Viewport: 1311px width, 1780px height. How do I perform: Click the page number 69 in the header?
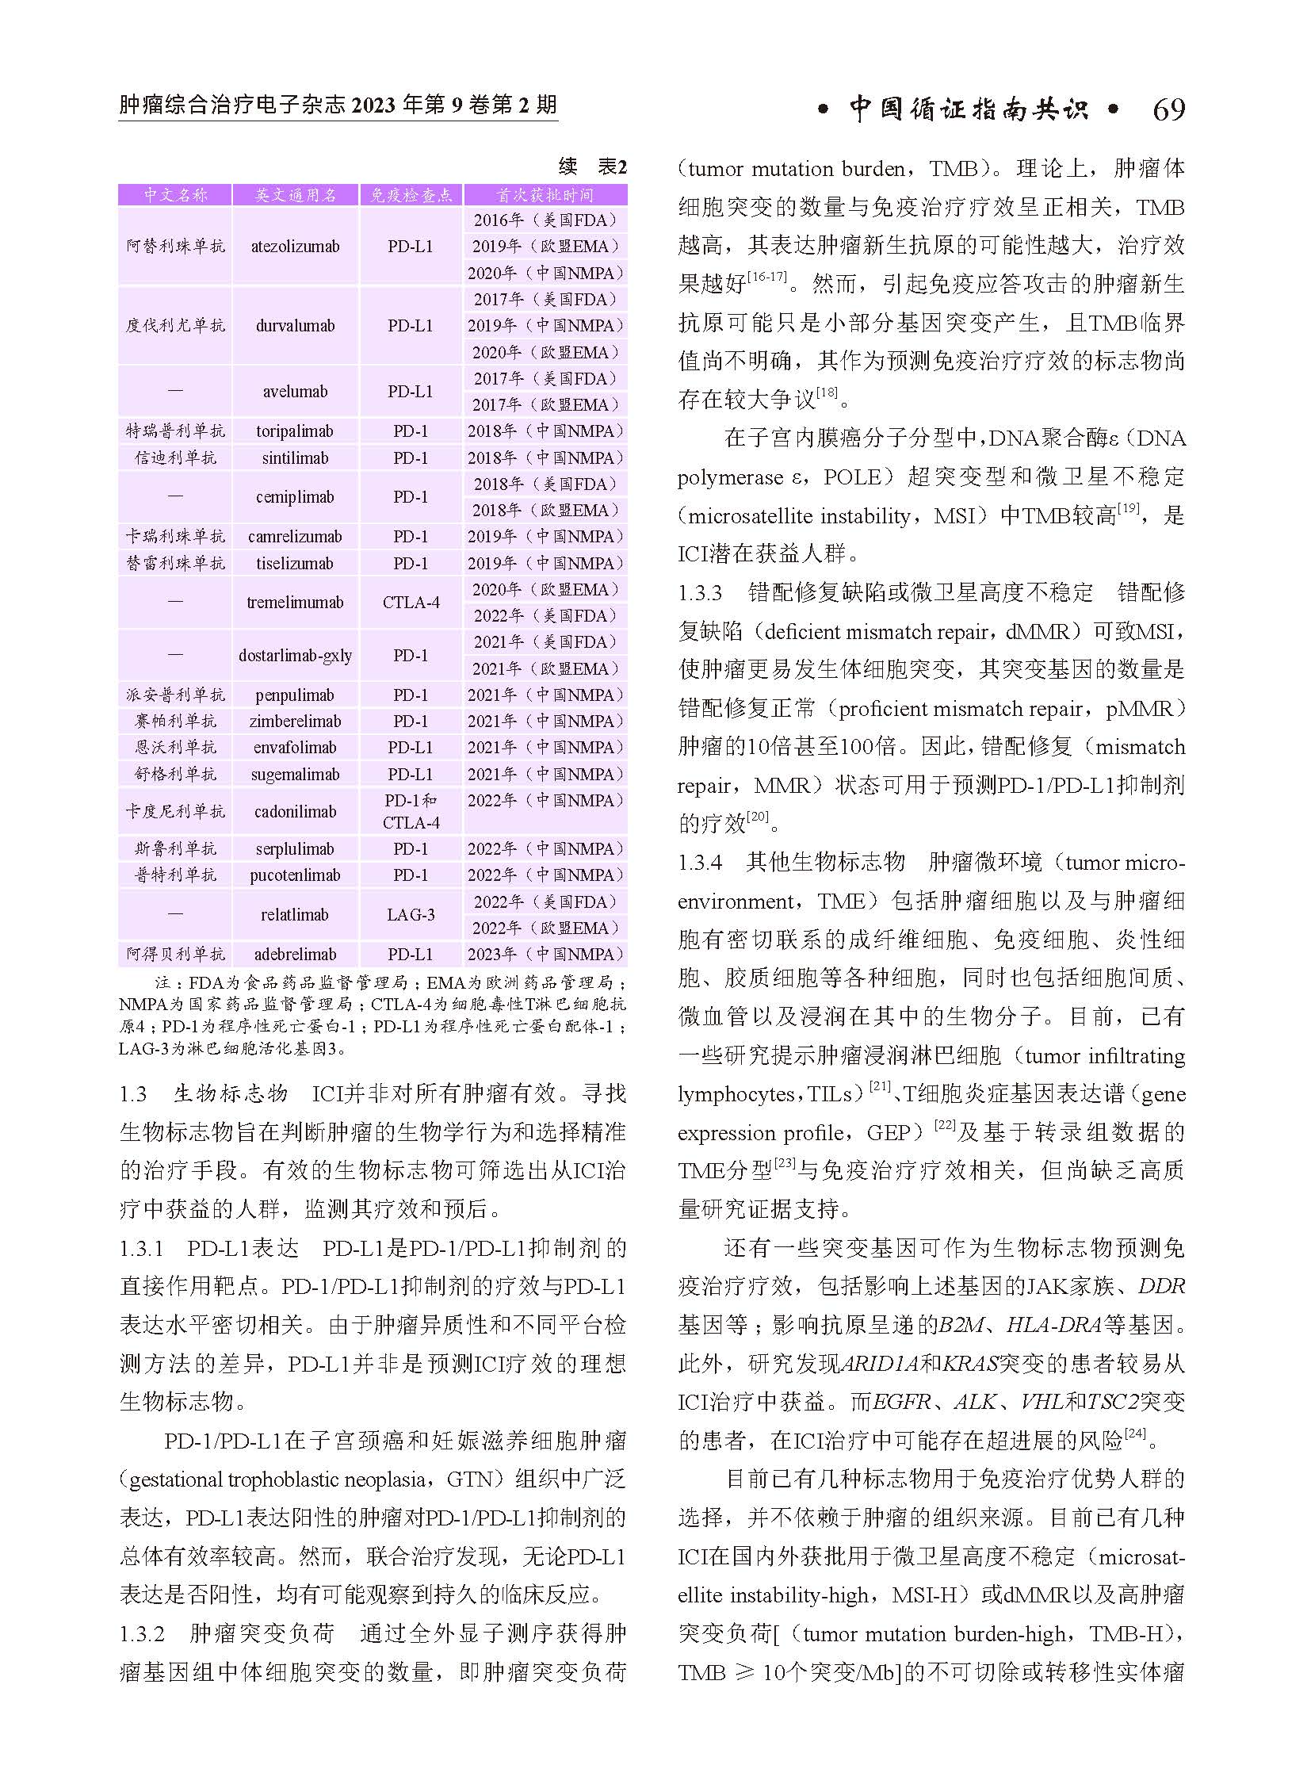coord(1168,109)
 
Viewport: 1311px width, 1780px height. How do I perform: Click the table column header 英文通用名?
coord(295,195)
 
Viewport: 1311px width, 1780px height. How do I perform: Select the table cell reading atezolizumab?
coord(295,246)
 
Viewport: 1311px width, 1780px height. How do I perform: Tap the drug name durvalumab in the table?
coord(295,326)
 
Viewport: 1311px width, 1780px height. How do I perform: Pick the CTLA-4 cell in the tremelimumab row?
coord(411,603)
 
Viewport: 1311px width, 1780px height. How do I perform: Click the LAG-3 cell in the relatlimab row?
coord(411,915)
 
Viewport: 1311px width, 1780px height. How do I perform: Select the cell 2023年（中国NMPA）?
coord(545,955)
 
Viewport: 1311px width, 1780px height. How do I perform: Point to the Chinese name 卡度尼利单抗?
coord(175,811)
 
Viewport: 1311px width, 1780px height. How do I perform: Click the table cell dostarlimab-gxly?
coord(295,656)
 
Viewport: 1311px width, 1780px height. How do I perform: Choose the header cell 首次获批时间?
coord(545,195)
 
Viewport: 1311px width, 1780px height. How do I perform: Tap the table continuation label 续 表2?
coord(592,167)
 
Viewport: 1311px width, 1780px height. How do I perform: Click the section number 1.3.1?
coord(141,1248)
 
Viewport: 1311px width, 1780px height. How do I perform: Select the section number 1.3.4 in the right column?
coord(700,862)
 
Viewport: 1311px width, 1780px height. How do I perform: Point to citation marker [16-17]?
coord(766,277)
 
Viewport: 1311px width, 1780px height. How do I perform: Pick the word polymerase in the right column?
coord(729,477)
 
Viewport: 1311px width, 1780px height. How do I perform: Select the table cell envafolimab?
coord(295,748)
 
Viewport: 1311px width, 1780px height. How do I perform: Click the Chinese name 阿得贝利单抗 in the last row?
coord(175,955)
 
